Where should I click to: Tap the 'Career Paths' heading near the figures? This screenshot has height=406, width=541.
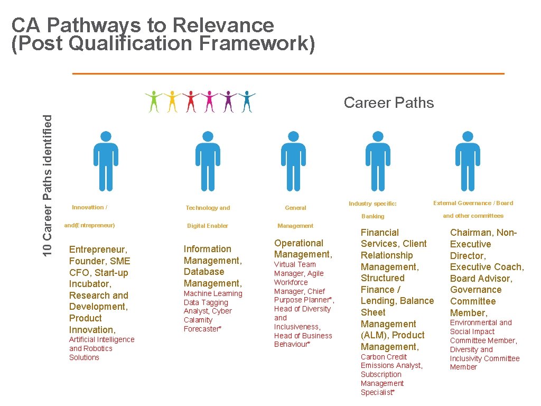click(x=388, y=103)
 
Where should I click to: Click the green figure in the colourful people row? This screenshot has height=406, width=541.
click(x=154, y=101)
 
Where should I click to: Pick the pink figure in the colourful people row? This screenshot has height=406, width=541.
click(x=210, y=101)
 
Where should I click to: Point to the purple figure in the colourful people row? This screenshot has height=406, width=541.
click(x=229, y=101)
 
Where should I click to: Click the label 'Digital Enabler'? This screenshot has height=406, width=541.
click(x=208, y=226)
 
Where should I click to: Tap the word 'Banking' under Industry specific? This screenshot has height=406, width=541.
click(x=372, y=216)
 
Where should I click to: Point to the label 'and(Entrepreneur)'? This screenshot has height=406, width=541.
click(x=89, y=225)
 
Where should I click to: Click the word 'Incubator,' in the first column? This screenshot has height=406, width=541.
click(x=90, y=284)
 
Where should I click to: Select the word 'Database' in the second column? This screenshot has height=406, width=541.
click(x=204, y=272)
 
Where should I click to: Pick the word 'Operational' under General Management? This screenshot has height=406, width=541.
click(x=299, y=243)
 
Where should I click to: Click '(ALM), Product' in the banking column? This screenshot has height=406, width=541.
click(x=393, y=335)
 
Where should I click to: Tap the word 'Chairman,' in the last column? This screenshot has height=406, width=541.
click(x=471, y=233)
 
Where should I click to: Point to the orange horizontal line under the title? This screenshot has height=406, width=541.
click(x=288, y=73)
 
